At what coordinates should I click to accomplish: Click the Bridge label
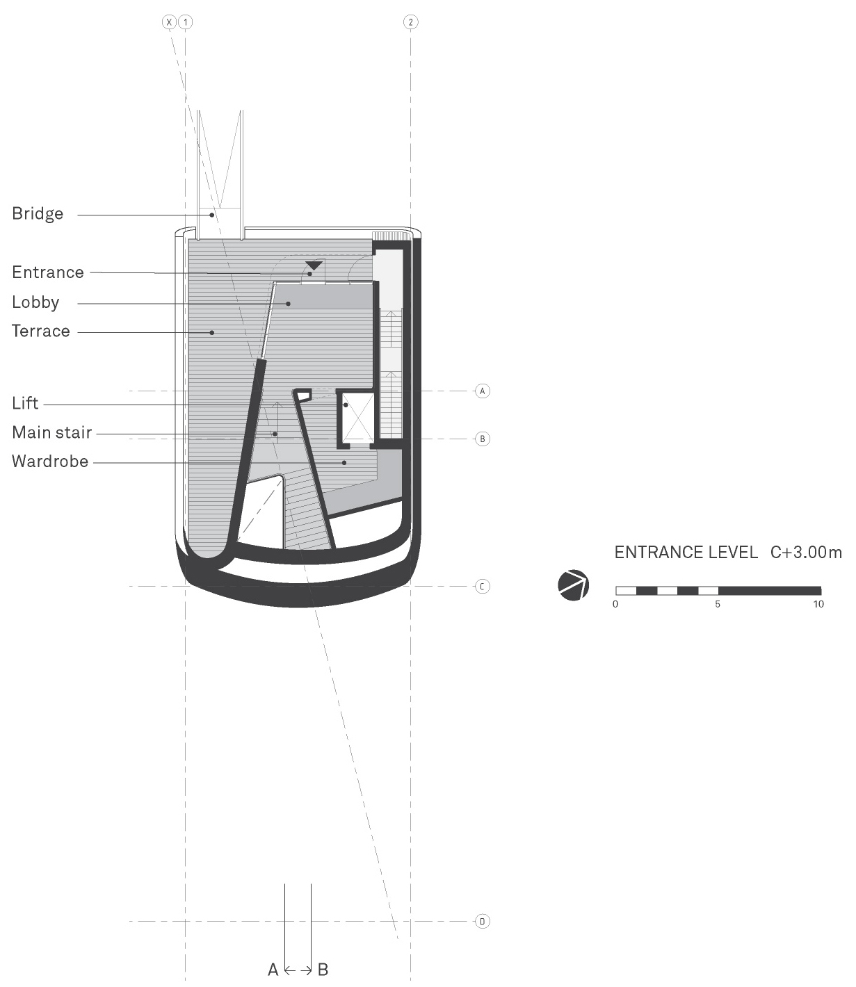(x=38, y=213)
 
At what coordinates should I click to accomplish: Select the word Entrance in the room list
(x=48, y=272)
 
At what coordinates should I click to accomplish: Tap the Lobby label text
(x=36, y=302)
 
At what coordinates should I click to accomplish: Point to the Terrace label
(x=41, y=331)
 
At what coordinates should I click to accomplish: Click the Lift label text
(x=25, y=403)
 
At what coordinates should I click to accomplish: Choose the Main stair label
(x=51, y=432)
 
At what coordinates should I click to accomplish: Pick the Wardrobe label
(x=50, y=462)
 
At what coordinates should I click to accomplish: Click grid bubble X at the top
(x=169, y=22)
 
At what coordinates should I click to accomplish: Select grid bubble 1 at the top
(x=186, y=22)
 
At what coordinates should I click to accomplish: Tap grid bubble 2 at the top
(x=410, y=22)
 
